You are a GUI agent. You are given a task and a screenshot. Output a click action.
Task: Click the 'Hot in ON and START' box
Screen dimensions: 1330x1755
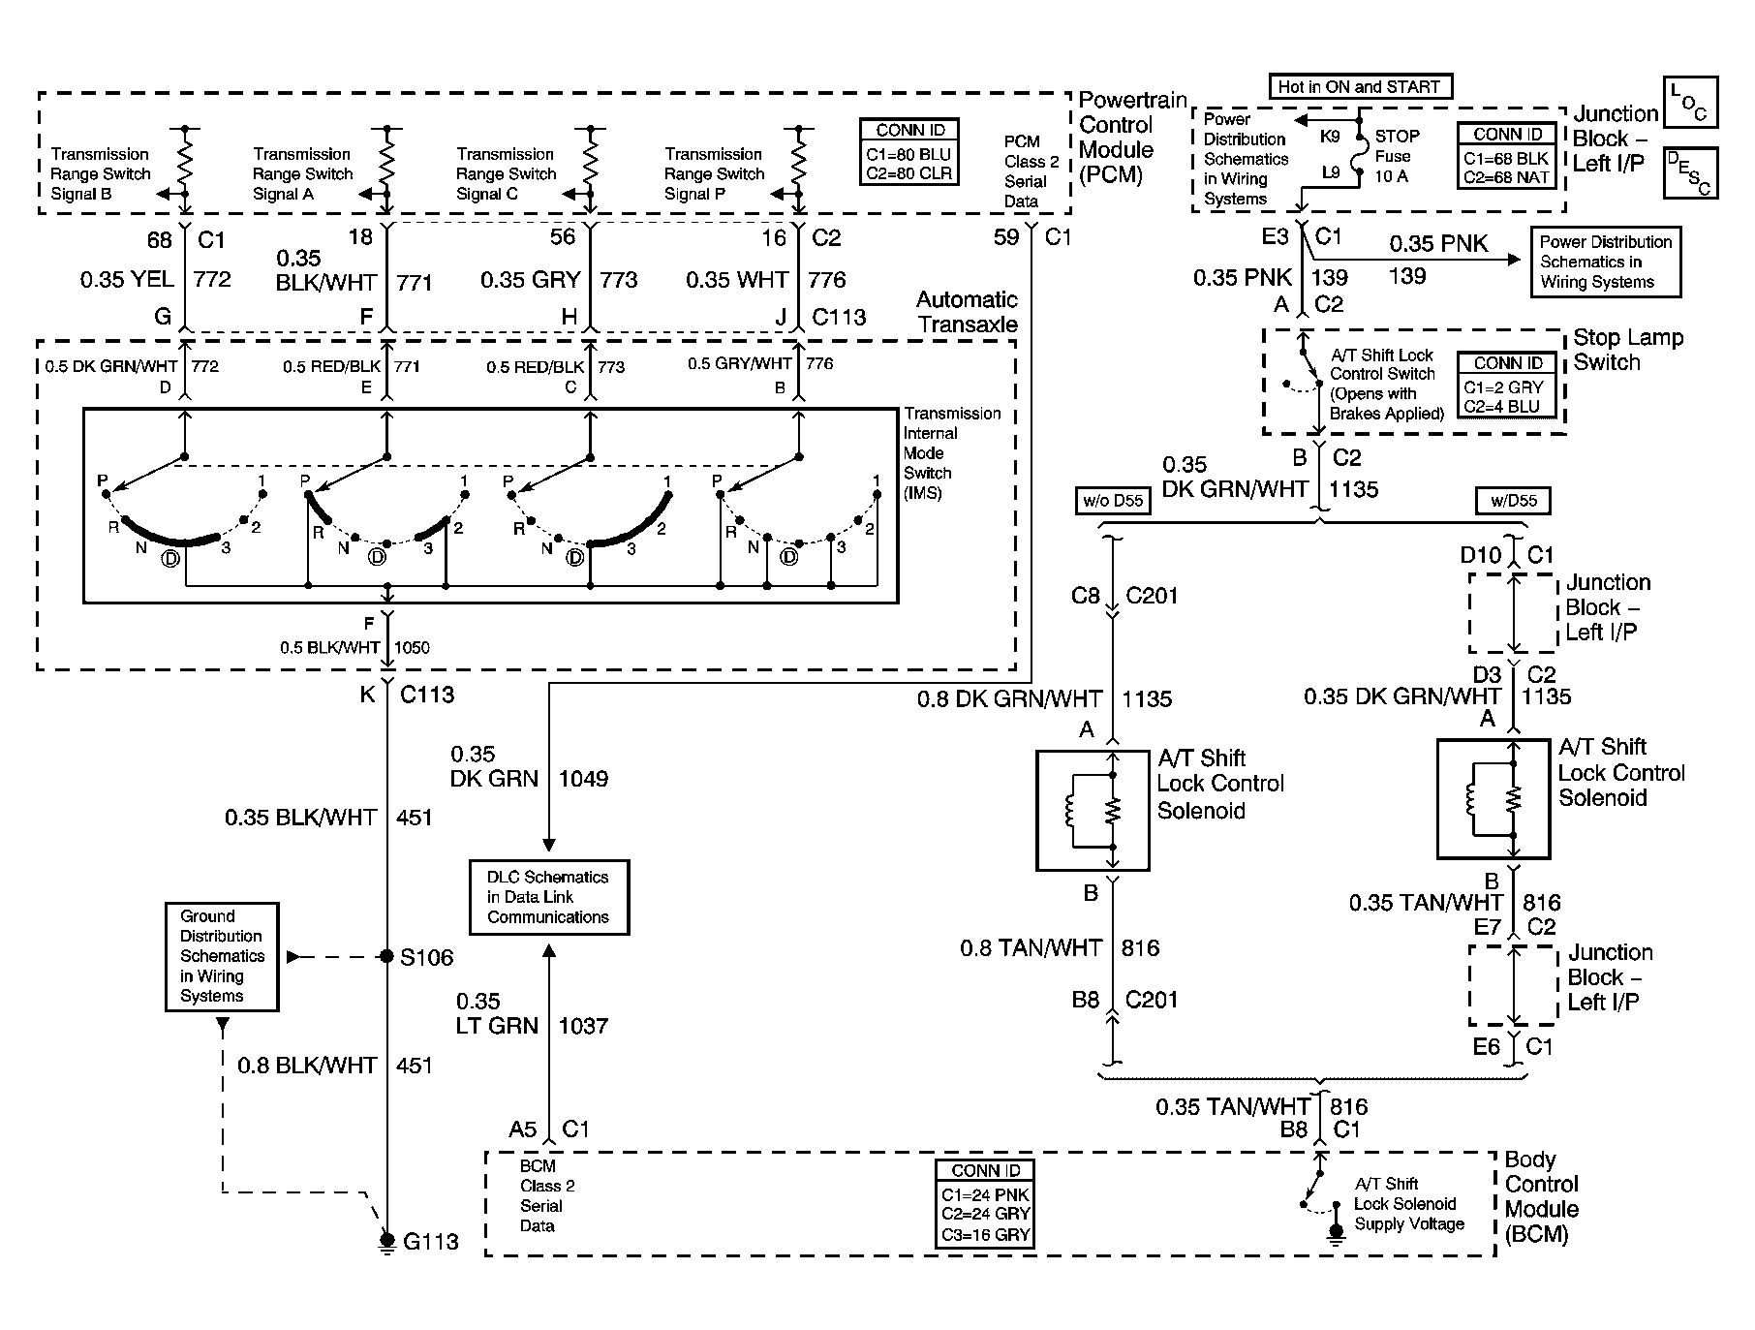pyautogui.click(x=1360, y=87)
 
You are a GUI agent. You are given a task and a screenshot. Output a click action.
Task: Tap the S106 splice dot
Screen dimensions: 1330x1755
pyautogui.click(x=386, y=957)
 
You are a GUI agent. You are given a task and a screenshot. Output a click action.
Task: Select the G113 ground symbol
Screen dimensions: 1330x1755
pyautogui.click(x=387, y=1241)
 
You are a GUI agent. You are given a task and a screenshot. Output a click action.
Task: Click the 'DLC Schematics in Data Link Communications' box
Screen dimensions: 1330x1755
pyautogui.click(x=548, y=897)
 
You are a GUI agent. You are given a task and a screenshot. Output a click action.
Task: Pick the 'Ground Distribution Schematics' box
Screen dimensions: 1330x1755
pyautogui.click(x=222, y=956)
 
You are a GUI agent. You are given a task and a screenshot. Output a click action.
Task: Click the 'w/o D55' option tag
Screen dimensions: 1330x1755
pyautogui.click(x=1113, y=501)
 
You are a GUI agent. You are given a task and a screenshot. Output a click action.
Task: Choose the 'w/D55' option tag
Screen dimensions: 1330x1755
pyautogui.click(x=1512, y=501)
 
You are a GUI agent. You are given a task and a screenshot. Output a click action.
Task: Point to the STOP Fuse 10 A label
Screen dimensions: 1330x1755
pyautogui.click(x=1397, y=156)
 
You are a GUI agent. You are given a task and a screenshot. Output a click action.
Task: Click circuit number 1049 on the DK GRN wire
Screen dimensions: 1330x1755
pyautogui.click(x=583, y=779)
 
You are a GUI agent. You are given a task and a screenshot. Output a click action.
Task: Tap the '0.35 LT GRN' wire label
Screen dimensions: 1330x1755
pyautogui.click(x=496, y=1013)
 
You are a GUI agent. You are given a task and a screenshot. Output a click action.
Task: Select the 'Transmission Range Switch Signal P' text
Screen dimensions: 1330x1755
pyautogui.click(x=714, y=174)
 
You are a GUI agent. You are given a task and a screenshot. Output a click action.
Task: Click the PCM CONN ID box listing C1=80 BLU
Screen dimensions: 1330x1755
pyautogui.click(x=909, y=152)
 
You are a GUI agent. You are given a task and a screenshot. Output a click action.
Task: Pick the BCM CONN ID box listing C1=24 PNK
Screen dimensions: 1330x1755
pyautogui.click(x=985, y=1203)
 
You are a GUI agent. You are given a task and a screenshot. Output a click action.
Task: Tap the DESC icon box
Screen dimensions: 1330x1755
pyautogui.click(x=1690, y=173)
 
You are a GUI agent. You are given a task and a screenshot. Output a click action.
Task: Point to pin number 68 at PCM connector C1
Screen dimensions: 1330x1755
pyautogui.click(x=160, y=239)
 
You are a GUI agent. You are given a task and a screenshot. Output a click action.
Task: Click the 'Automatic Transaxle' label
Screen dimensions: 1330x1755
pyautogui.click(x=967, y=312)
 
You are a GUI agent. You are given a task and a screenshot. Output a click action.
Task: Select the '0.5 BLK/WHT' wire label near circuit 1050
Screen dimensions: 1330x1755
pyautogui.click(x=330, y=648)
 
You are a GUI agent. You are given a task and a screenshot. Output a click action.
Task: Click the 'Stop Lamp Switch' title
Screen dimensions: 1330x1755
pyautogui.click(x=1627, y=350)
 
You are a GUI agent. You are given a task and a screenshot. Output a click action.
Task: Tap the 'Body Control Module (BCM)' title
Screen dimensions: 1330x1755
pyautogui.click(x=1541, y=1197)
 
